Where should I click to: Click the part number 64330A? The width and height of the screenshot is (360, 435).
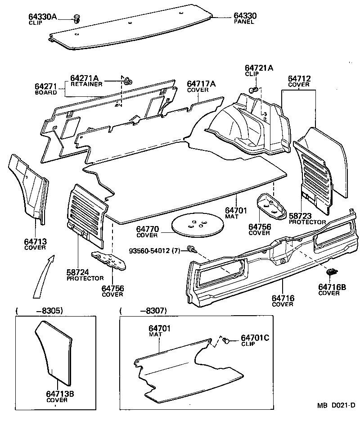pyautogui.click(x=43, y=17)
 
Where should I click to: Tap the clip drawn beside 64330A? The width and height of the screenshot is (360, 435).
pyautogui.click(x=77, y=19)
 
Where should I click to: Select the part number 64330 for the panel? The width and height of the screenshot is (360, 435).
pyautogui.click(x=245, y=16)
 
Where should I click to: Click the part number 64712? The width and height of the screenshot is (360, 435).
pyautogui.click(x=299, y=78)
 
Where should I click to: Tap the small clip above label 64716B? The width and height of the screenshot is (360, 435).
pyautogui.click(x=332, y=272)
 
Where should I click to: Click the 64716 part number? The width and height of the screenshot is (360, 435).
pyautogui.click(x=283, y=298)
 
